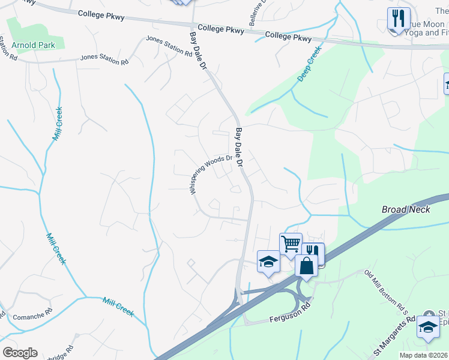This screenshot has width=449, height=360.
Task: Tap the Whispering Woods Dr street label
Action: [x=211, y=175]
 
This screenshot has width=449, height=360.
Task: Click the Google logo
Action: [x=20, y=353]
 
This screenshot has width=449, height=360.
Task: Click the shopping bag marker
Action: [x=306, y=266]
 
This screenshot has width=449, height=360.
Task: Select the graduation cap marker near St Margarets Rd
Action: [x=427, y=328]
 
